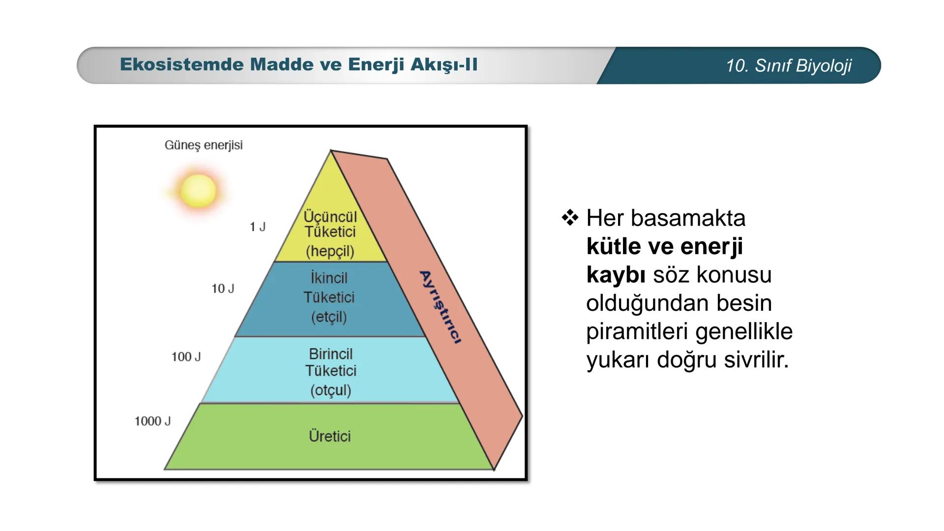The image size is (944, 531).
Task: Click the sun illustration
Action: [198, 191]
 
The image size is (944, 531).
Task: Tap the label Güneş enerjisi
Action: [204, 146]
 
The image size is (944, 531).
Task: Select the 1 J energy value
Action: [257, 227]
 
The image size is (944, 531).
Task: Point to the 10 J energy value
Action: [223, 289]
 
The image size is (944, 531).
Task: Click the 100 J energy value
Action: [186, 357]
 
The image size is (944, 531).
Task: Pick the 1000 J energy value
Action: [152, 421]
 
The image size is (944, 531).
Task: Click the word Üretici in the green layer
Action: [329, 436]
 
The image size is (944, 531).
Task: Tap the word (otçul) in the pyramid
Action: [330, 390]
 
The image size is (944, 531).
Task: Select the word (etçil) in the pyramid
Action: [329, 317]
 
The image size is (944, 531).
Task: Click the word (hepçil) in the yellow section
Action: [330, 251]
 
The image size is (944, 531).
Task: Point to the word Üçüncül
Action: [330, 216]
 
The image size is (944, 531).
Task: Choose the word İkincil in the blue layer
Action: [329, 278]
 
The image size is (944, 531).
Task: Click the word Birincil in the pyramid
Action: [330, 354]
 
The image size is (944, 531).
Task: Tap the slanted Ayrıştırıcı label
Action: [441, 307]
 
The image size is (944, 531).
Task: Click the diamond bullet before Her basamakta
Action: [570, 217]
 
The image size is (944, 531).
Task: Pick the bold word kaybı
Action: [616, 275]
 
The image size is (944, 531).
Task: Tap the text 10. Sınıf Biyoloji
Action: [788, 65]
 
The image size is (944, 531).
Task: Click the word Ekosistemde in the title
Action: [181, 65]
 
